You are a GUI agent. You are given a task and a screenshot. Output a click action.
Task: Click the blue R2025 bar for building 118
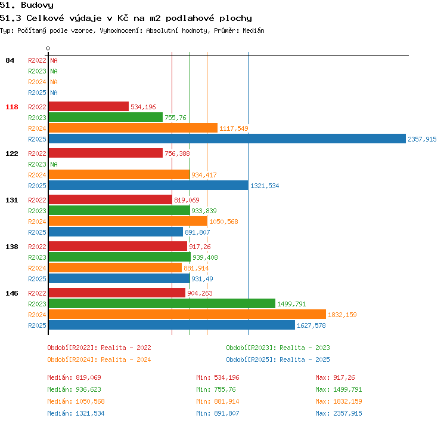coord(227,139)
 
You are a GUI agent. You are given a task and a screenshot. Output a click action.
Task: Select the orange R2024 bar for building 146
coord(187,314)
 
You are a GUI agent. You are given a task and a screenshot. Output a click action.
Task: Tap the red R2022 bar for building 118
coord(89,106)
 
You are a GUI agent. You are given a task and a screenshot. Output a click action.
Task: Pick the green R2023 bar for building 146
coord(162,303)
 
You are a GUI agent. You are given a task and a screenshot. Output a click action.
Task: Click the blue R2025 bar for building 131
coord(116,232)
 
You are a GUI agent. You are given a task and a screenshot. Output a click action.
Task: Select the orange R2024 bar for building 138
coord(115,268)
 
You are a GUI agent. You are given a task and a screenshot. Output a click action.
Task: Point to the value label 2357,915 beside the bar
coord(422,139)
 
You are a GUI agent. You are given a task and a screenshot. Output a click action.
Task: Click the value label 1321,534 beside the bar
coord(265,186)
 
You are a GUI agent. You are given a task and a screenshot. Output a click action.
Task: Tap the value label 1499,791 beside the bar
coord(291,304)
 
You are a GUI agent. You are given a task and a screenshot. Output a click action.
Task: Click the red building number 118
coord(12,107)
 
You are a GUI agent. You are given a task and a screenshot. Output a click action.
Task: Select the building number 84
coord(10,60)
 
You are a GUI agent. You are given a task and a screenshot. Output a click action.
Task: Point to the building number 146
coord(12,293)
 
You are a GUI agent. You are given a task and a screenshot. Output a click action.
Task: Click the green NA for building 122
coord(54,164)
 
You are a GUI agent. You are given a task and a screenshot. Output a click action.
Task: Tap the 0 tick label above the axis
coord(48,48)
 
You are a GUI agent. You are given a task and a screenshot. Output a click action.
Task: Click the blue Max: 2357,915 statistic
coord(339,413)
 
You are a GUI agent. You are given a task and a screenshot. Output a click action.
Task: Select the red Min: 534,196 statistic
coord(218,377)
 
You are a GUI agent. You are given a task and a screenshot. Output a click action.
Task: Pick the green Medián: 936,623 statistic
coord(74,389)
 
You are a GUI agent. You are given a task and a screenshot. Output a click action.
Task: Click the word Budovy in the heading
coord(37,5)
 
